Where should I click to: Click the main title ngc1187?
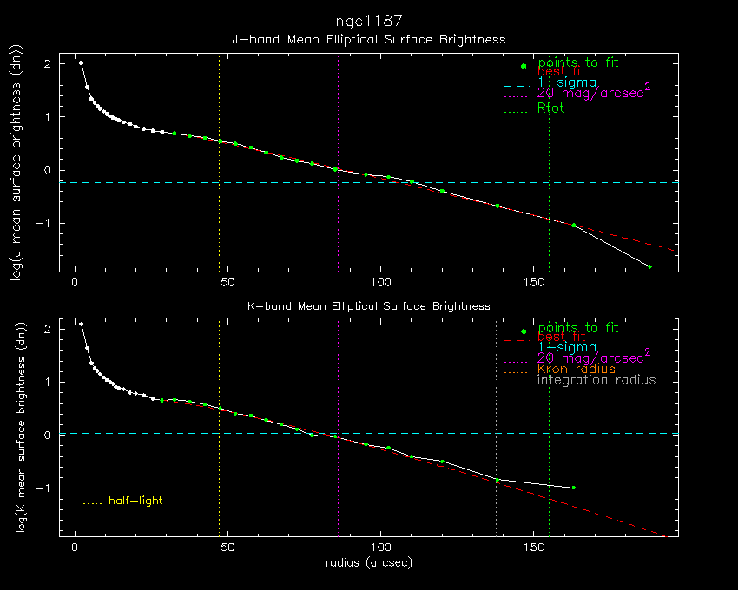pos(369,19)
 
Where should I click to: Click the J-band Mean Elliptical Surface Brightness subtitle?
pos(368,39)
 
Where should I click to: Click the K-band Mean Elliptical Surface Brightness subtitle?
pos(369,306)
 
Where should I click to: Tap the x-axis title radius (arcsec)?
pos(368,562)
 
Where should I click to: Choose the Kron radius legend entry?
pos(576,369)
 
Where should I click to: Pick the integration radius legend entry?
pos(596,380)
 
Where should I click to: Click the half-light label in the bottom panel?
pos(135,501)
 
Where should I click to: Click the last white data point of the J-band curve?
pos(649,266)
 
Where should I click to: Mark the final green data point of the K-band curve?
pos(573,488)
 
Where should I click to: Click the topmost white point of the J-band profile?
pos(81,62)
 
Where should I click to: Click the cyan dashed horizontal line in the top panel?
pos(260,183)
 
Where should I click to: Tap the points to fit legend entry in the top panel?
pos(577,62)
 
